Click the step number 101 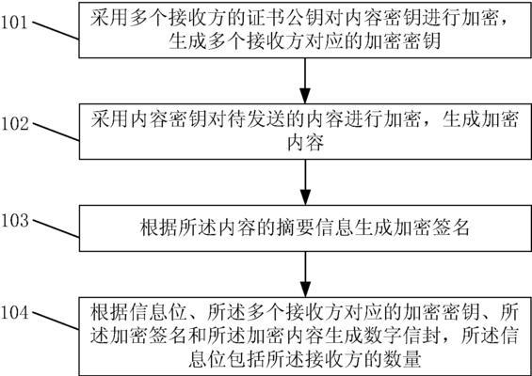pyautogui.click(x=13, y=23)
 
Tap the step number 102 pyautogui.click(x=14, y=124)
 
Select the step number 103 pyautogui.click(x=14, y=221)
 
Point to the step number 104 pyautogui.click(x=14, y=313)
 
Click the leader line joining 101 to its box pyautogui.click(x=56, y=31)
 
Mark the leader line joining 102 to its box pyautogui.click(x=56, y=132)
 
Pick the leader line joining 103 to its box pyautogui.click(x=56, y=228)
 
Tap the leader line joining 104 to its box pyautogui.click(x=56, y=321)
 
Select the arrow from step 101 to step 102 pyautogui.click(x=305, y=81)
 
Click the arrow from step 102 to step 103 pyautogui.click(x=305, y=182)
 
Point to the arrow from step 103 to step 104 pyautogui.click(x=305, y=274)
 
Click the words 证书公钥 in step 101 pyautogui.click(x=287, y=19)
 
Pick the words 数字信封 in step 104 pyautogui.click(x=403, y=336)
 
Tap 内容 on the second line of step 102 pyautogui.click(x=305, y=143)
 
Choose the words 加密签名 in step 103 pyautogui.click(x=431, y=227)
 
